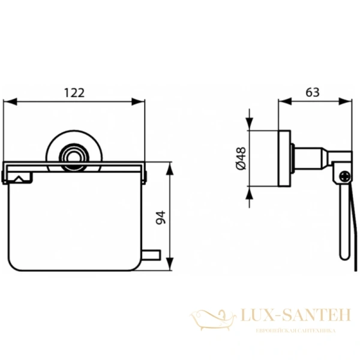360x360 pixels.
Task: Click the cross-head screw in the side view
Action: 344,177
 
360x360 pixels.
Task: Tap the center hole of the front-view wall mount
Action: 74,157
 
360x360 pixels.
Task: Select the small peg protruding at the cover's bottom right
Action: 154,256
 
